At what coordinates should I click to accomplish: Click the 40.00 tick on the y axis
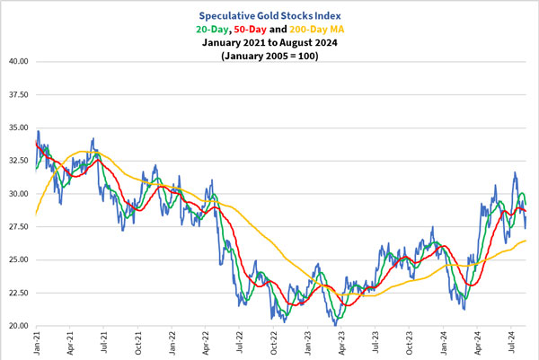pos(18,62)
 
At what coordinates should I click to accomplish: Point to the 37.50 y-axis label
pos(18,94)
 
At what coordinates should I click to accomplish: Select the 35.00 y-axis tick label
pos(18,127)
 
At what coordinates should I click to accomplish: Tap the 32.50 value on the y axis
pos(18,161)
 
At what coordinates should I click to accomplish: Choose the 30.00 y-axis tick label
pos(18,194)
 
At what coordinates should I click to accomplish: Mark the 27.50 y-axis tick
pos(18,227)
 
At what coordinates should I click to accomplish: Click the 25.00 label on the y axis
pos(18,259)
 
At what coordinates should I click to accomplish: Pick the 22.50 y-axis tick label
pos(18,293)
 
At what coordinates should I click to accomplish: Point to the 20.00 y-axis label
pos(18,326)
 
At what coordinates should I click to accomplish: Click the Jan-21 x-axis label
pos(37,344)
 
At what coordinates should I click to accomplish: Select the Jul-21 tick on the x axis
pos(104,344)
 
